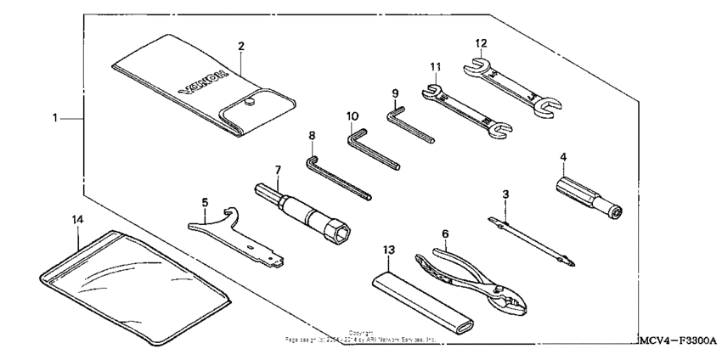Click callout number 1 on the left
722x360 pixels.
(55, 119)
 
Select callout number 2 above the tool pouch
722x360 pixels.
(241, 45)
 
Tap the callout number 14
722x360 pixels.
(77, 219)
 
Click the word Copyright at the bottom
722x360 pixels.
(360, 333)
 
